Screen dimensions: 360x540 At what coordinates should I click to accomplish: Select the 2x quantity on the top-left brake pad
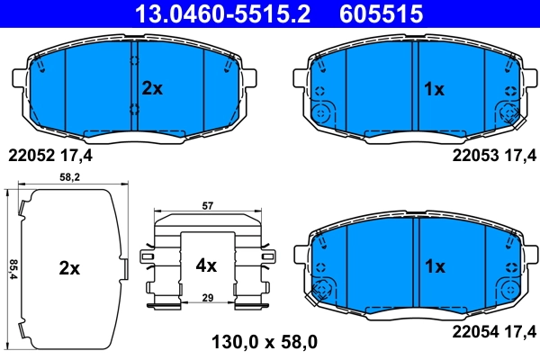click(152, 88)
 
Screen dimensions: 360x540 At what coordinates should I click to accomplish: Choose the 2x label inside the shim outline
click(69, 267)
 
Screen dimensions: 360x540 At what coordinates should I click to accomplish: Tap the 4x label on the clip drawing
click(206, 265)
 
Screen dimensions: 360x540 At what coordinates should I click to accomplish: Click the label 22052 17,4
click(49, 155)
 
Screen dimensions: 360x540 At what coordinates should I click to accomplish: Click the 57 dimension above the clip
click(207, 206)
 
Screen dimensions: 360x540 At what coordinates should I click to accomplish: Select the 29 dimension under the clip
click(207, 296)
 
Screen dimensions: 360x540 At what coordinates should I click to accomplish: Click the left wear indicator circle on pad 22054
click(321, 290)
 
